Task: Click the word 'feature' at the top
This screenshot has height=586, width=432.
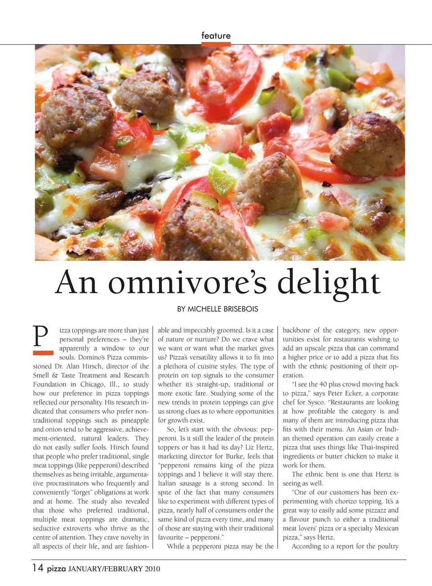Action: (216, 36)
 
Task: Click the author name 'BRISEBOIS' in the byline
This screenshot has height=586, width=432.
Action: (241, 309)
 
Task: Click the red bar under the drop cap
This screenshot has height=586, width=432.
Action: (43, 353)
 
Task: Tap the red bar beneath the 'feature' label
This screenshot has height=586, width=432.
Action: (216, 44)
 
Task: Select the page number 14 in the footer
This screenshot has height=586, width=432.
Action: (38, 568)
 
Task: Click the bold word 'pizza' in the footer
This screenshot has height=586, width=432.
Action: (56, 568)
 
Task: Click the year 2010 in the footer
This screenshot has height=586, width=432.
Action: (152, 569)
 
